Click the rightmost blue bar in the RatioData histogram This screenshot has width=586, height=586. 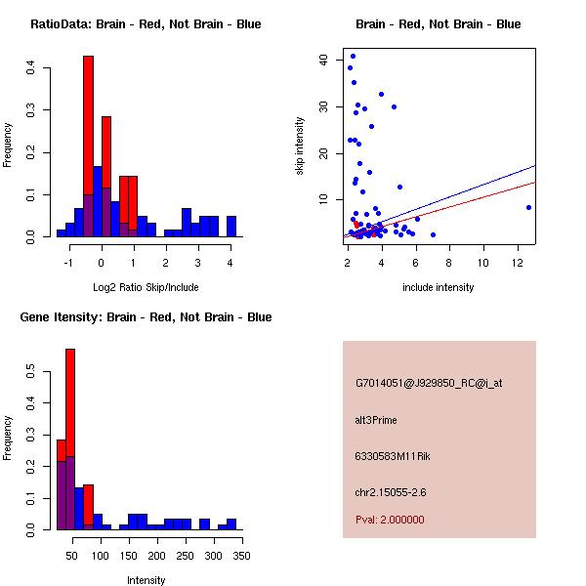231,227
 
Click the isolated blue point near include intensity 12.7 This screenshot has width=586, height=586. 528,207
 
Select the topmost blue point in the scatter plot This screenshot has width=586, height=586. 353,56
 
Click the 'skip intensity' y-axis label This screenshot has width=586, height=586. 300,146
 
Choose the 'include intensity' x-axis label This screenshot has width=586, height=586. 439,287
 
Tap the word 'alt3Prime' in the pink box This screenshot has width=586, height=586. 376,420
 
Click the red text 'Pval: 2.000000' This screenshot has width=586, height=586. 390,520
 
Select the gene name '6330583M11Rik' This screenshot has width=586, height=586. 390,455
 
